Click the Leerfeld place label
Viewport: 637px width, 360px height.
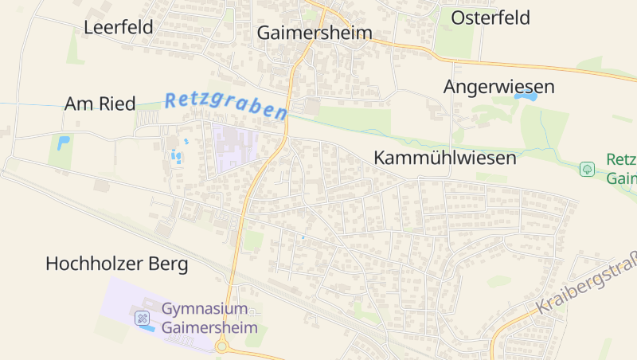(119, 27)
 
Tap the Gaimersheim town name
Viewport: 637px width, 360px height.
(315, 33)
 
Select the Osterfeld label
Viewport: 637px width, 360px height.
(490, 18)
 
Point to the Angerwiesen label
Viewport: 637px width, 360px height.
(498, 87)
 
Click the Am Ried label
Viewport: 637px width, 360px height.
(100, 104)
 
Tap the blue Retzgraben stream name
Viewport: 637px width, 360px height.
(225, 105)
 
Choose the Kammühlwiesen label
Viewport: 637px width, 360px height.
(444, 158)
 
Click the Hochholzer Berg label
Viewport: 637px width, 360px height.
(117, 264)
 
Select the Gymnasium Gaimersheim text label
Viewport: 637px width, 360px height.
(209, 317)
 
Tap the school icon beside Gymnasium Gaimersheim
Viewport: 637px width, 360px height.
(143, 319)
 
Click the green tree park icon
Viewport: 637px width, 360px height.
(587, 169)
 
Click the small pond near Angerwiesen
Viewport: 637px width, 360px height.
(526, 96)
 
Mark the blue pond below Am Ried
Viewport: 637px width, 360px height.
(63, 144)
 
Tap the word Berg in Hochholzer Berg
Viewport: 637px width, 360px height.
(169, 264)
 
